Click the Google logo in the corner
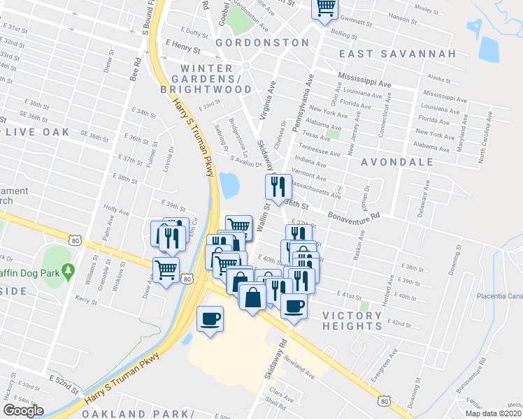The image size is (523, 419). pyautogui.click(x=23, y=411)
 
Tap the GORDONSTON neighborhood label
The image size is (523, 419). pyautogui.click(x=262, y=43)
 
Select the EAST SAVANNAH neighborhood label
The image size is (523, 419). pyautogui.click(x=398, y=54)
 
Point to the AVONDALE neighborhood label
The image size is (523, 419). pyautogui.click(x=397, y=162)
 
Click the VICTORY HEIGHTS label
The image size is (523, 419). pyautogui.click(x=352, y=321)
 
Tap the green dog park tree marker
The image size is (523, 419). pyautogui.click(x=68, y=270)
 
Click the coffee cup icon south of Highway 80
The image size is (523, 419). pyautogui.click(x=210, y=319)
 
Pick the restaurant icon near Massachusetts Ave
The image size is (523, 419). pyautogui.click(x=278, y=186)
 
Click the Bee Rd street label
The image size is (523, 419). pyautogui.click(x=136, y=70)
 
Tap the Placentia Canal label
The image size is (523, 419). pyautogui.click(x=499, y=295)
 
